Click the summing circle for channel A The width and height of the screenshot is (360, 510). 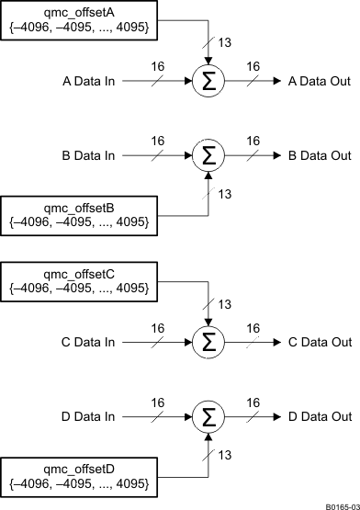[209, 81]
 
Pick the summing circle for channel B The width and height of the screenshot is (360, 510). [209, 154]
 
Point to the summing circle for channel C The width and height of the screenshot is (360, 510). [209, 342]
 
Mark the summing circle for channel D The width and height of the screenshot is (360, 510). [209, 415]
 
